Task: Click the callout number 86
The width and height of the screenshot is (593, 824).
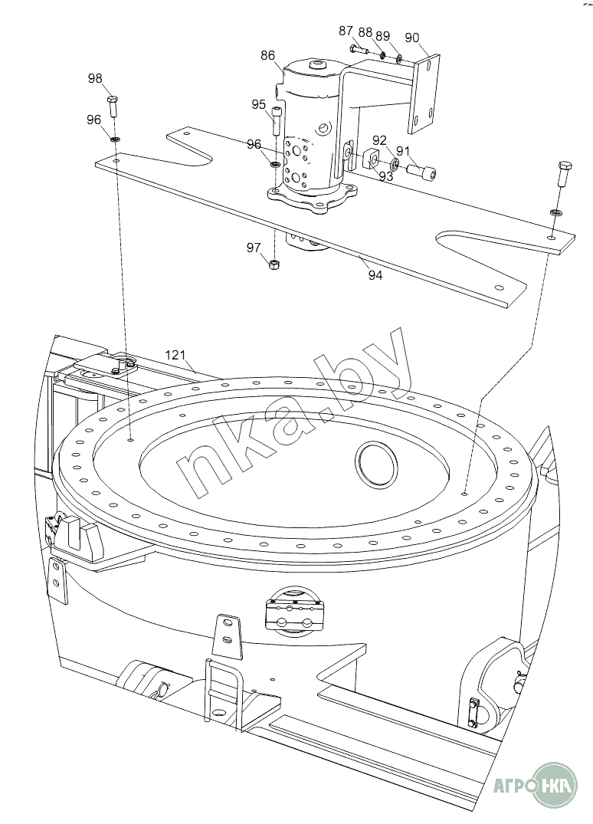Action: [x=267, y=55]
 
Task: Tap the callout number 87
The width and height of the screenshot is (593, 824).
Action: [x=346, y=31]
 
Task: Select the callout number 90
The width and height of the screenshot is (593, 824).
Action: [x=412, y=38]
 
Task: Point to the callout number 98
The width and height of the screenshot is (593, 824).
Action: [x=95, y=78]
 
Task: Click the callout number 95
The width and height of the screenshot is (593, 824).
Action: [x=258, y=104]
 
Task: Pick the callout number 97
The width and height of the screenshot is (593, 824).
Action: [x=254, y=247]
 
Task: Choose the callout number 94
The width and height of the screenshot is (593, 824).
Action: [x=375, y=275]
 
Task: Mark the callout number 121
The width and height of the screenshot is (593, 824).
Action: [x=175, y=355]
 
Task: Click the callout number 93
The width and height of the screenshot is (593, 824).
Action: [x=386, y=176]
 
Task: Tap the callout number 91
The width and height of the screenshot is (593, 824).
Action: [x=403, y=151]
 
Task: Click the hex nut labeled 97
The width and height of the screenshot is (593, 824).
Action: [x=273, y=264]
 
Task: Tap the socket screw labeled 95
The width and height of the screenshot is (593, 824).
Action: [x=277, y=121]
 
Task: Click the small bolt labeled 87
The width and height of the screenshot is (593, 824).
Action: [x=359, y=50]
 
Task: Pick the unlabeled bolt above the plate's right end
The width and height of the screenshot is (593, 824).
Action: [x=563, y=178]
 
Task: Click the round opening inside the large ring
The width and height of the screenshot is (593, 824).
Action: [x=377, y=463]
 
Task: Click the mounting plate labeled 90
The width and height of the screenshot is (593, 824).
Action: [x=424, y=93]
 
